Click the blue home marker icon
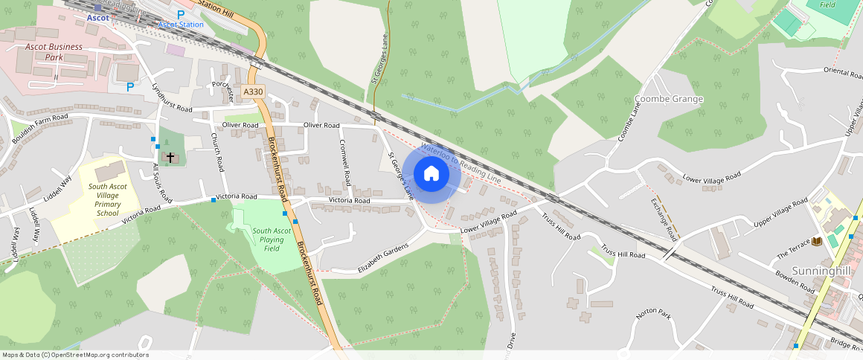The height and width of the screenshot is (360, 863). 431,174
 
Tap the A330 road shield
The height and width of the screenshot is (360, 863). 254,91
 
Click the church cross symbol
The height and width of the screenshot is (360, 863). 171,157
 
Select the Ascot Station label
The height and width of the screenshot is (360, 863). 180,25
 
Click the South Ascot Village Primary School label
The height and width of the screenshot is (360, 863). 108,199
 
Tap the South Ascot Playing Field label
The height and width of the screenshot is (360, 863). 272,240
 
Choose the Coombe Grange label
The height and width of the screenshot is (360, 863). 669,99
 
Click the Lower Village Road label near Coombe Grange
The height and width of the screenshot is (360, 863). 712,178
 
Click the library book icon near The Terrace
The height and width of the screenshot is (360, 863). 817,242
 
